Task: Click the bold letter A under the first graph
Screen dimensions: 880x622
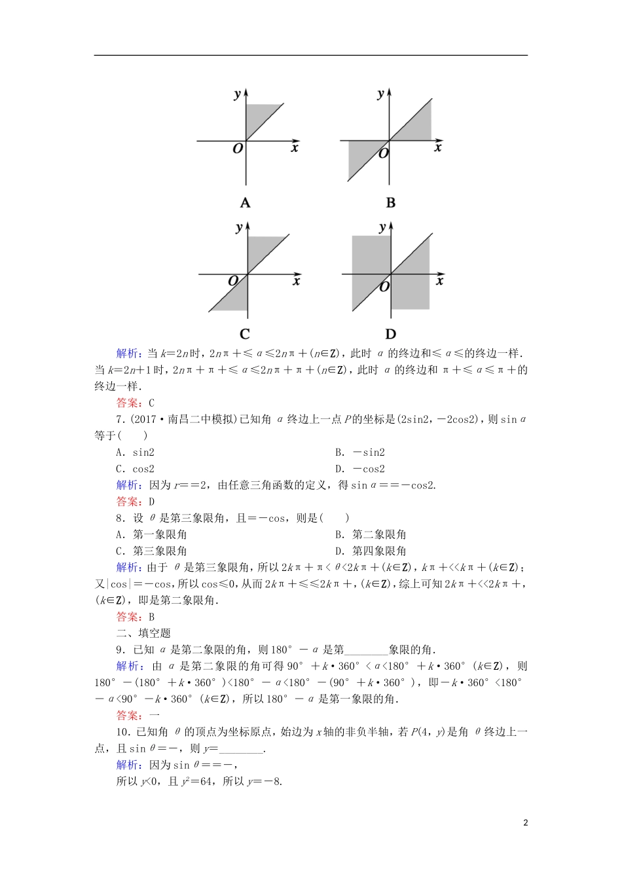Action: click(x=246, y=203)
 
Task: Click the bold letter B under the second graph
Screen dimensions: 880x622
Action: click(x=391, y=203)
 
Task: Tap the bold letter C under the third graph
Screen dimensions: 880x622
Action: click(x=245, y=334)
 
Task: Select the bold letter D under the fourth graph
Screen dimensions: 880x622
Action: click(x=391, y=334)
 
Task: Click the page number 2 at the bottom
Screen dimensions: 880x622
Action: click(x=525, y=822)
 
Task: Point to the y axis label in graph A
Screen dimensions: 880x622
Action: click(x=237, y=94)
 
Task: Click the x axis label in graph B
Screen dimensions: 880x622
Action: click(x=438, y=148)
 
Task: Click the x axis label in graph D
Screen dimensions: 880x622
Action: click(x=440, y=281)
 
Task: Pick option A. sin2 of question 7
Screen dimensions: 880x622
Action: click(x=136, y=452)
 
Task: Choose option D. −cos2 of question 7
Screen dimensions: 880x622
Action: click(x=360, y=469)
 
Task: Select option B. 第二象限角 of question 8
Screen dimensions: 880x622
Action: click(x=371, y=534)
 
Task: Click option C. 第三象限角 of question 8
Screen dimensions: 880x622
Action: click(x=151, y=551)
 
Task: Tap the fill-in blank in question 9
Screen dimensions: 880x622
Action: click(x=366, y=650)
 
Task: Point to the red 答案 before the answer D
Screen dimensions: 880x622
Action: click(x=128, y=502)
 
